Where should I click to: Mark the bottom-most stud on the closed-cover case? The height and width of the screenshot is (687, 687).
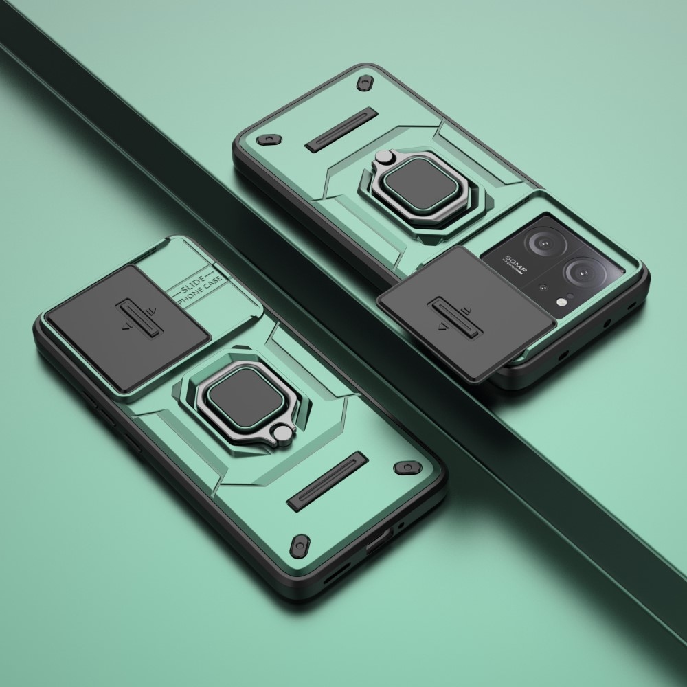click(300, 546)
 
